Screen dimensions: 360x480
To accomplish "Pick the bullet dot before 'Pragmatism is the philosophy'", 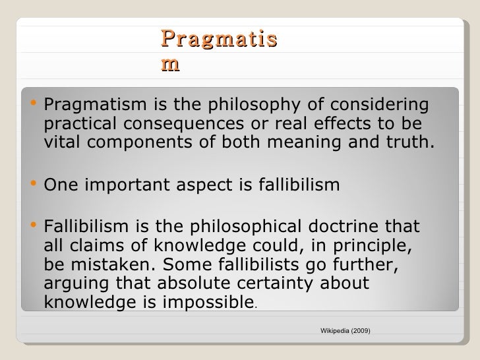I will coord(33,104).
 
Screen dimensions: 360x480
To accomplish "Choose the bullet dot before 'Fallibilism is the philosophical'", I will coord(33,227).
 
